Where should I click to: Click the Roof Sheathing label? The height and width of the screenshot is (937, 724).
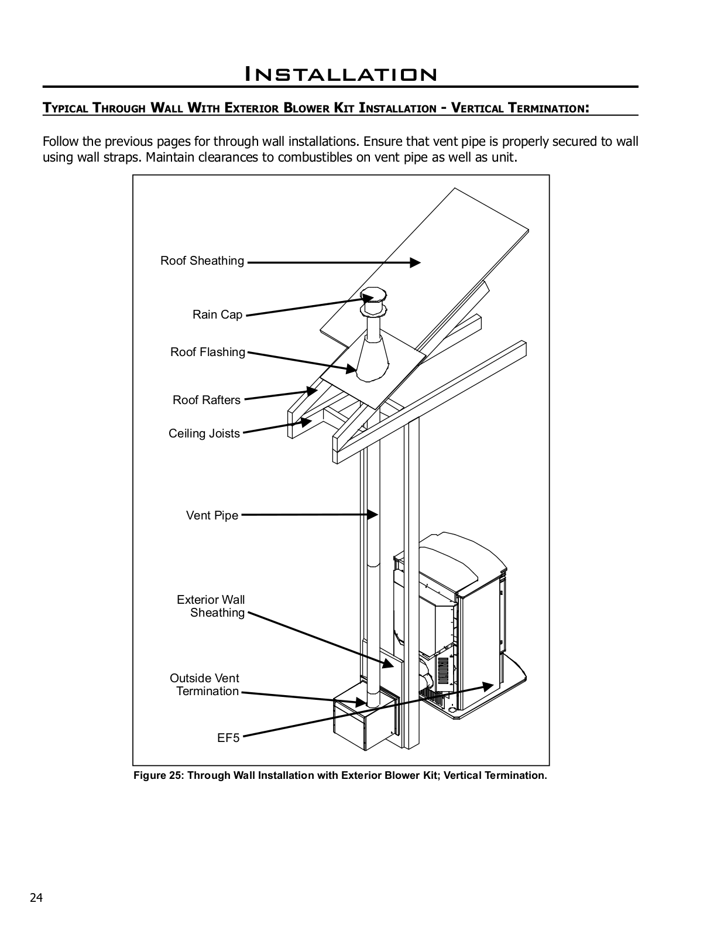[x=202, y=261]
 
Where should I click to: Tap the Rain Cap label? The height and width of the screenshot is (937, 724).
[x=217, y=315]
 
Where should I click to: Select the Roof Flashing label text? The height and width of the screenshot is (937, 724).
[x=207, y=353]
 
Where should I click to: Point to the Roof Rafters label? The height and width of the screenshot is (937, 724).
[x=206, y=401]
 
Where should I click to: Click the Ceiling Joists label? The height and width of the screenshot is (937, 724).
[x=204, y=434]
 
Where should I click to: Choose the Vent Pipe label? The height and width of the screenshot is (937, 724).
[x=212, y=516]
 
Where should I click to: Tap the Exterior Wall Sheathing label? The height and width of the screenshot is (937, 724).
[x=211, y=607]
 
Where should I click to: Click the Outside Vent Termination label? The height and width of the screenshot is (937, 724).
[x=205, y=685]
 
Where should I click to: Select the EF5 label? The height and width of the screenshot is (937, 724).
[x=228, y=738]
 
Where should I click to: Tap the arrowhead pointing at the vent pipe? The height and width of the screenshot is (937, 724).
[x=373, y=515]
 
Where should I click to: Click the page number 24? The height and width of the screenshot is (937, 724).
[x=36, y=898]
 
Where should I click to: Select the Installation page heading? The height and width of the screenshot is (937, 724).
[x=340, y=74]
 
